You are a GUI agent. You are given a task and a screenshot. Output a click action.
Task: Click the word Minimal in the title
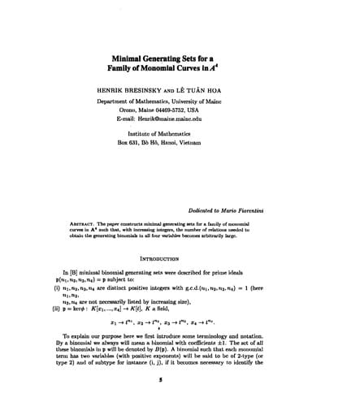tap(131, 58)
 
